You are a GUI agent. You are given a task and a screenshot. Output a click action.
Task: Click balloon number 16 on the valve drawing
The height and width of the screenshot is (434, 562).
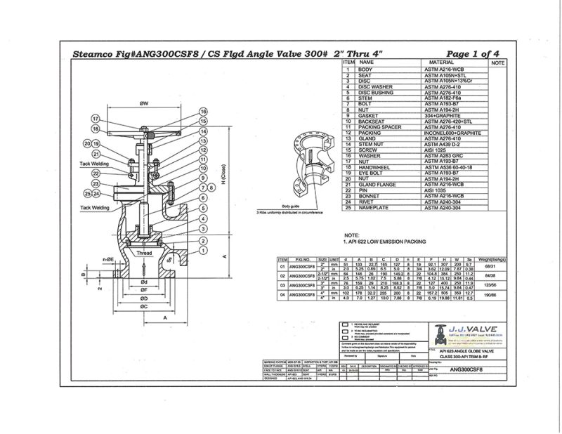click(x=204, y=112)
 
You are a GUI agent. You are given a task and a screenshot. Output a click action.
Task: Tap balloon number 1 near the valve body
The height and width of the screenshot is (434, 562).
click(x=204, y=250)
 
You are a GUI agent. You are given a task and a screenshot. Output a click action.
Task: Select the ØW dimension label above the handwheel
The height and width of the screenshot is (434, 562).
click(x=143, y=104)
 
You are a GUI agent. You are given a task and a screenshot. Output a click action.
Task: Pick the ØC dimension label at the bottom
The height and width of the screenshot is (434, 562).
click(x=143, y=307)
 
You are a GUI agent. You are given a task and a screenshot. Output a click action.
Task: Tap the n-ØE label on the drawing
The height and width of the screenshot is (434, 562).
click(x=107, y=259)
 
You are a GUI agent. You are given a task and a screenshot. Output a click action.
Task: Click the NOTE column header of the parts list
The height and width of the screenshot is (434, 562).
click(x=498, y=63)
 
